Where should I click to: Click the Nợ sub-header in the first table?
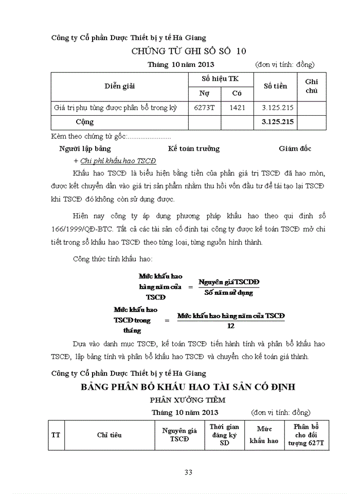click(204, 94)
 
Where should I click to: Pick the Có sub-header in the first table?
click(237, 94)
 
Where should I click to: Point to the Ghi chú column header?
click(312, 86)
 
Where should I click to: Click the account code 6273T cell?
click(204, 108)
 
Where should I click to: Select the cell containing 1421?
click(237, 108)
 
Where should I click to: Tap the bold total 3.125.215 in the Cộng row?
click(277, 122)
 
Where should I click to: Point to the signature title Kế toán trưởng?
click(194, 149)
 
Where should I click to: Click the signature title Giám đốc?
click(295, 149)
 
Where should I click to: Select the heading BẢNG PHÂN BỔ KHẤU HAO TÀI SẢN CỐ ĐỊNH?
click(188, 387)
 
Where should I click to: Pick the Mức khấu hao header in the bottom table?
click(264, 435)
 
